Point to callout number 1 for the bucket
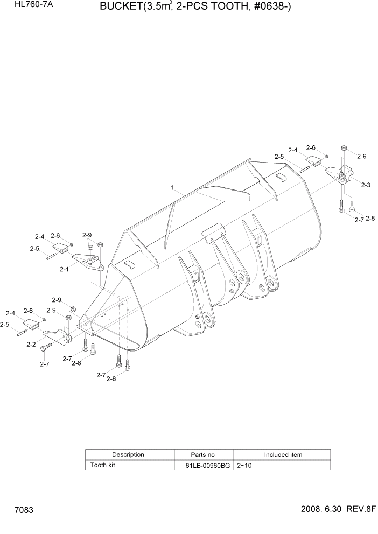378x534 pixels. pyautogui.click(x=172, y=188)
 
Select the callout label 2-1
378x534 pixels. pyautogui.click(x=64, y=269)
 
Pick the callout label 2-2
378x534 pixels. pyautogui.click(x=31, y=344)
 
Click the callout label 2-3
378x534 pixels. pyautogui.click(x=365, y=185)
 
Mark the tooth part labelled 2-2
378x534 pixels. pyautogui.click(x=56, y=337)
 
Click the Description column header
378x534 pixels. pyautogui.click(x=128, y=455)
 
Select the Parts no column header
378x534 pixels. pyautogui.click(x=203, y=455)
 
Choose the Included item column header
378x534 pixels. pyautogui.click(x=283, y=455)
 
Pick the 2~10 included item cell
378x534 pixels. pyautogui.click(x=244, y=465)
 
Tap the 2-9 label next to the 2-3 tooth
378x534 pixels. pyautogui.click(x=361, y=156)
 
